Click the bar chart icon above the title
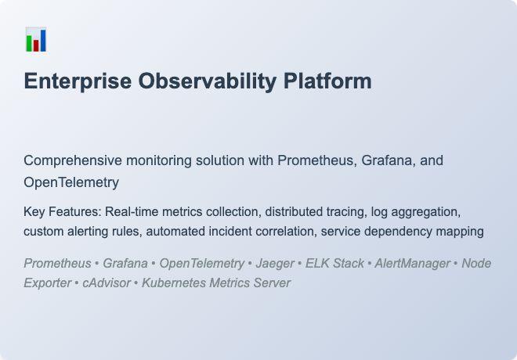(x=36, y=40)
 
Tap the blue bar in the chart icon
(x=42, y=41)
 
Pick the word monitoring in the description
(x=159, y=160)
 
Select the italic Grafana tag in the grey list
(x=125, y=263)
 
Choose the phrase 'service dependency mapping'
(x=402, y=232)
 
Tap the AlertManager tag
(x=412, y=263)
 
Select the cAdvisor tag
(x=107, y=283)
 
